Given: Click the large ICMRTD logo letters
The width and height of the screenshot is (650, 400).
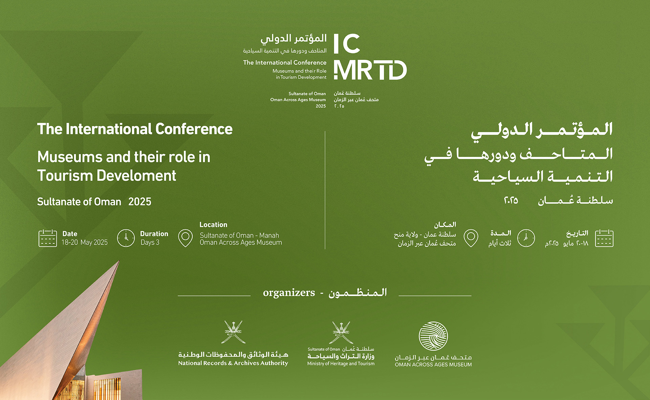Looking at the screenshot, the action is click(x=370, y=57).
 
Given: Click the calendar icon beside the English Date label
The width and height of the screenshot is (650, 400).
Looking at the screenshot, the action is click(x=48, y=238).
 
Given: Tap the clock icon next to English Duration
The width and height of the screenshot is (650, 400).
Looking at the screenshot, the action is click(x=126, y=238).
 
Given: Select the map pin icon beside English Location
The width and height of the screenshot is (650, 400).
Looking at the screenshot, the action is click(x=185, y=238).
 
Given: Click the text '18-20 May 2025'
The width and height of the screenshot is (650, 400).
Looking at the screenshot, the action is click(x=85, y=242).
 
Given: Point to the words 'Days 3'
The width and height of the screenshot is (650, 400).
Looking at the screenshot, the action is click(x=150, y=242).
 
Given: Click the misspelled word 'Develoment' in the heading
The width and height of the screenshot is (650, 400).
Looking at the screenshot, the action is click(x=136, y=176).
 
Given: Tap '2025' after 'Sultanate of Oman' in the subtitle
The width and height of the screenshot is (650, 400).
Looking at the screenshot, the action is click(x=140, y=202).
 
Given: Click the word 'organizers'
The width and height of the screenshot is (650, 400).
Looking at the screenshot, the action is click(x=289, y=293).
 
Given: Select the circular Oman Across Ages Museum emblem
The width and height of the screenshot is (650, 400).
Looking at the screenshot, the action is click(x=433, y=336).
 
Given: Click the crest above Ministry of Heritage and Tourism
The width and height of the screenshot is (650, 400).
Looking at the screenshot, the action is click(x=341, y=333).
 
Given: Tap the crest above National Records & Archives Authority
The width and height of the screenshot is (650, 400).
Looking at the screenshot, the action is click(x=233, y=332).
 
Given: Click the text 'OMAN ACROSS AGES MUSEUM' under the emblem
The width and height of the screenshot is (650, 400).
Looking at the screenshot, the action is click(x=433, y=365).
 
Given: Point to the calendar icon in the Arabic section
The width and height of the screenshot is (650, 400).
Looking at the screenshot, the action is click(x=604, y=238).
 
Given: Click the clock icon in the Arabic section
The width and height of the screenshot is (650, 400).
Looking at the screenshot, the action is click(x=526, y=238).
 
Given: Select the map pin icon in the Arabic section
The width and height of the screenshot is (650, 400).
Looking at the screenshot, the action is click(x=471, y=238).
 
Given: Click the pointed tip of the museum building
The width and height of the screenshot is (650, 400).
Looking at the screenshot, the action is click(x=119, y=260).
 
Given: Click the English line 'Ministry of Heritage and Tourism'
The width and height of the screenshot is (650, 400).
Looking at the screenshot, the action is click(x=341, y=364).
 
